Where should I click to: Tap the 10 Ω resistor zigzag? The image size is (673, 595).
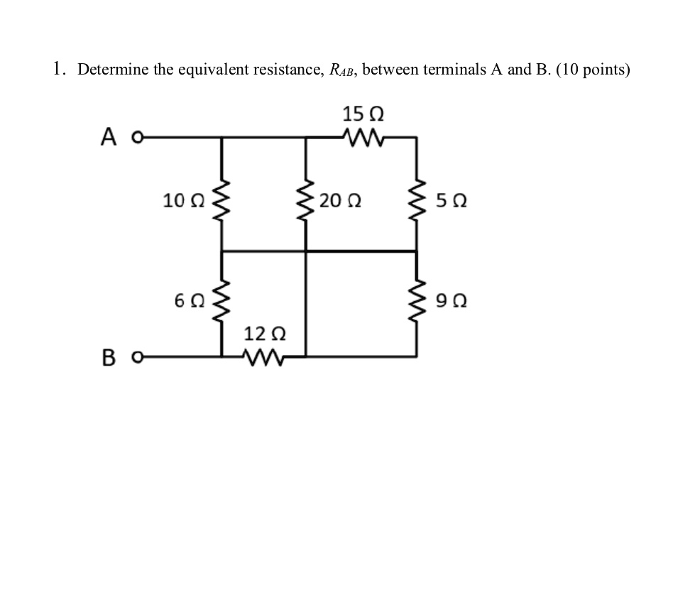pyautogui.click(x=222, y=200)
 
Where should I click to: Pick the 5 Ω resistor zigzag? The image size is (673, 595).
pyautogui.click(x=415, y=200)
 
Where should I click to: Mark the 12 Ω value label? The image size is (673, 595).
pyautogui.click(x=265, y=333)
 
